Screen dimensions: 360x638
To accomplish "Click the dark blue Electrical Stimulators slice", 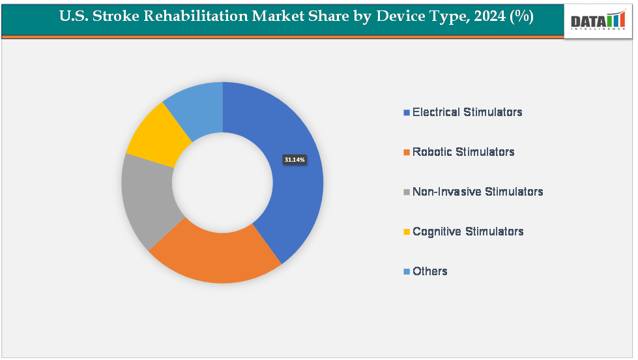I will [x=297, y=196].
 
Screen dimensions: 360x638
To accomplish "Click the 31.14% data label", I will [x=295, y=159].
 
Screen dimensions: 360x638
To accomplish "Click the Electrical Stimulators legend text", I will [x=467, y=112].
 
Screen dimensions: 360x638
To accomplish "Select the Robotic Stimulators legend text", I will [x=463, y=152].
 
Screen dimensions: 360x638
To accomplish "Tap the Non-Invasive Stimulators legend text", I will [x=478, y=192].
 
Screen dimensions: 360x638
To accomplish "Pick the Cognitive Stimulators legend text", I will [x=468, y=232].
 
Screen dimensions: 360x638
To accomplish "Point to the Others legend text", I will [x=430, y=271].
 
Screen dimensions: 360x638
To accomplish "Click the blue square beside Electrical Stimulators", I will [x=407, y=113].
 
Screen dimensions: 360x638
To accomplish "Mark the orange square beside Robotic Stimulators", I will [x=407, y=153].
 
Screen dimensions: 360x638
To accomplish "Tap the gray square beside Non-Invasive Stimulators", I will [x=407, y=192].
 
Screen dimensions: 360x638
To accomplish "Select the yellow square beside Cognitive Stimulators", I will [x=407, y=232].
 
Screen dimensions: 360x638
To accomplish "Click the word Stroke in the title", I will [x=117, y=18].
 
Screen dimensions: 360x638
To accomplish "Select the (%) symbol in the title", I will [x=522, y=18].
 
